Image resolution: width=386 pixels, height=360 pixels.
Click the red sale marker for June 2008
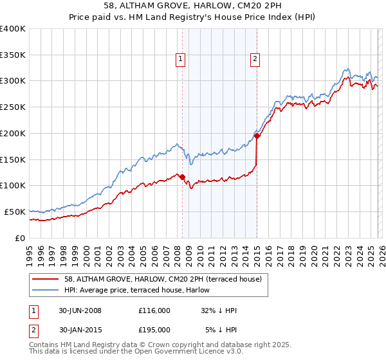[182, 177]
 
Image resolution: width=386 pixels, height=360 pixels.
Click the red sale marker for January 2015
[257, 136]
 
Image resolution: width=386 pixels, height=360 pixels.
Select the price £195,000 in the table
[155, 330]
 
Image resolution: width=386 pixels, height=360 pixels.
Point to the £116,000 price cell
[155, 310]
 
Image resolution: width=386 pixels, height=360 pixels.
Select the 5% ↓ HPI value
[221, 330]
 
